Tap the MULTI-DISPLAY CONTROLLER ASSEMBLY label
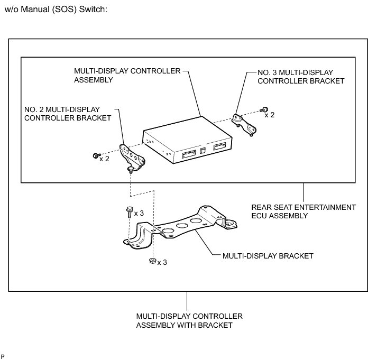click(x=127, y=75)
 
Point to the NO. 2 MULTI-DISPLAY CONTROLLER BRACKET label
click(x=68, y=113)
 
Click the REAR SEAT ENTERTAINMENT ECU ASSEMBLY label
click(x=304, y=211)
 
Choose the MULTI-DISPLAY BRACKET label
click(x=268, y=256)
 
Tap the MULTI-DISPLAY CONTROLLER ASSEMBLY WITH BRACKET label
click(x=189, y=320)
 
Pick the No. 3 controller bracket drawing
click(x=244, y=124)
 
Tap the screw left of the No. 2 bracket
click(x=94, y=155)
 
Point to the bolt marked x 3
click(x=130, y=213)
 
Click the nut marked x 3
click(x=152, y=261)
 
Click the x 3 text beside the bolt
click(x=139, y=213)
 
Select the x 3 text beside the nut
click(x=162, y=262)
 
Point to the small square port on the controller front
click(x=203, y=151)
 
